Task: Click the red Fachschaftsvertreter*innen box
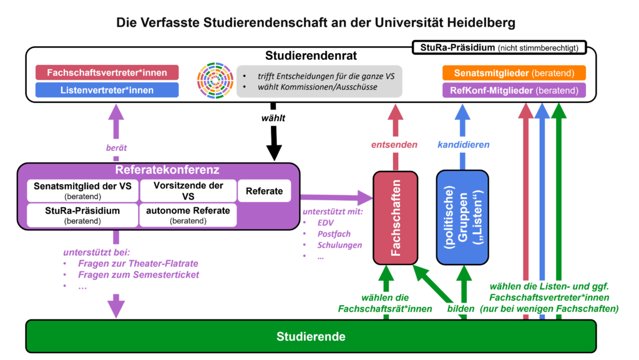click(x=107, y=72)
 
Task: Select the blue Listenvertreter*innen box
click(x=107, y=90)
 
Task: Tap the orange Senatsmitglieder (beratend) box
click(x=514, y=73)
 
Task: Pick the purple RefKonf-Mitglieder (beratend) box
click(x=514, y=90)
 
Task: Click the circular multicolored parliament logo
click(x=215, y=80)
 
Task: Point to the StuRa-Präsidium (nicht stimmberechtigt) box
click(x=499, y=47)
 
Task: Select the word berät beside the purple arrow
click(x=116, y=148)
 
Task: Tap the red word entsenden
click(x=394, y=145)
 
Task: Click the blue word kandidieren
click(x=464, y=145)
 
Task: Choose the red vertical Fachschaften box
click(x=395, y=218)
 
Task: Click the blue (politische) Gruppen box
click(x=462, y=218)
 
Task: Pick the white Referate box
click(x=264, y=191)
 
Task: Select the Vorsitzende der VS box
click(x=188, y=191)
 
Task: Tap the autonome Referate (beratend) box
click(x=188, y=215)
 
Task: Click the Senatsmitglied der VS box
click(x=83, y=191)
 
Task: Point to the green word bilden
click(x=461, y=309)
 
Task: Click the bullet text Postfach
click(x=334, y=234)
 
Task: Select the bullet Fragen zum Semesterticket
click(x=139, y=275)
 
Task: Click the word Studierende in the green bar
click(x=311, y=336)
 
